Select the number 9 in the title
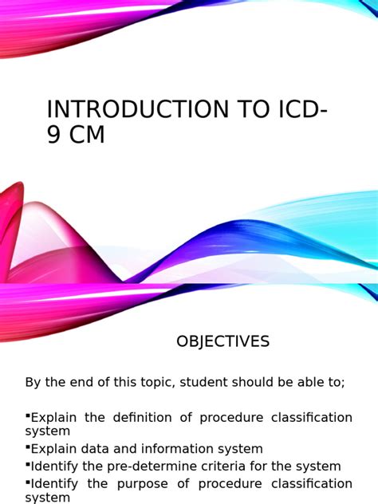[53, 134]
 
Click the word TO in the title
[253, 109]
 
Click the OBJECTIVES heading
[222, 341]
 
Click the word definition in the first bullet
[143, 418]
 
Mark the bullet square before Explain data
[28, 447]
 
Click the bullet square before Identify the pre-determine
[28, 464]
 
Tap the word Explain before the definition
[53, 418]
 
